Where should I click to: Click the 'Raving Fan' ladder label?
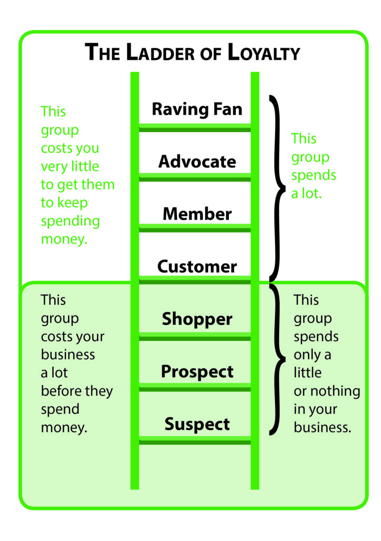197,110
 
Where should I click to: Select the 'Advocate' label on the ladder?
197,162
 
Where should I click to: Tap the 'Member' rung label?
197,214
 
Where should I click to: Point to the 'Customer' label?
197,266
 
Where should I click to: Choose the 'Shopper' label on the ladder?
197,319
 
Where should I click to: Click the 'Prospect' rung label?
197,372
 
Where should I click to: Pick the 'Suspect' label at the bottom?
197,424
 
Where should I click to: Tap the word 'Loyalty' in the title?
264,52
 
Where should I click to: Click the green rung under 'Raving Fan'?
195,128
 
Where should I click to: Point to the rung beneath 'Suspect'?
195,440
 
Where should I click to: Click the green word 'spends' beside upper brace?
313,175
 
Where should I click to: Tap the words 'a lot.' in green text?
307,193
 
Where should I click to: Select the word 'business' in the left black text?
68,355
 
